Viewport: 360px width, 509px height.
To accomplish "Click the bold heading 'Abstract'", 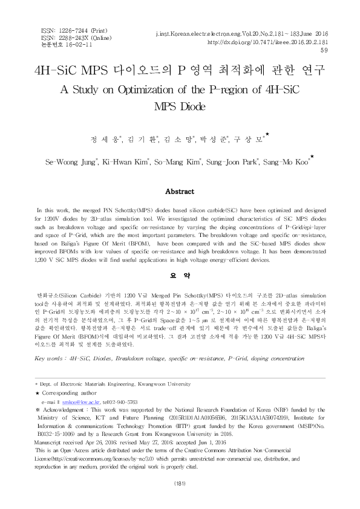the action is click(180, 191).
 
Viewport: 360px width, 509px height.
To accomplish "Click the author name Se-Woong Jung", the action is click(77, 162).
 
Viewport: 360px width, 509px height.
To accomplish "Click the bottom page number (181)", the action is click(180, 484).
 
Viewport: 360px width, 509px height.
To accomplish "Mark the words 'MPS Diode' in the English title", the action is click(180, 106).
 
